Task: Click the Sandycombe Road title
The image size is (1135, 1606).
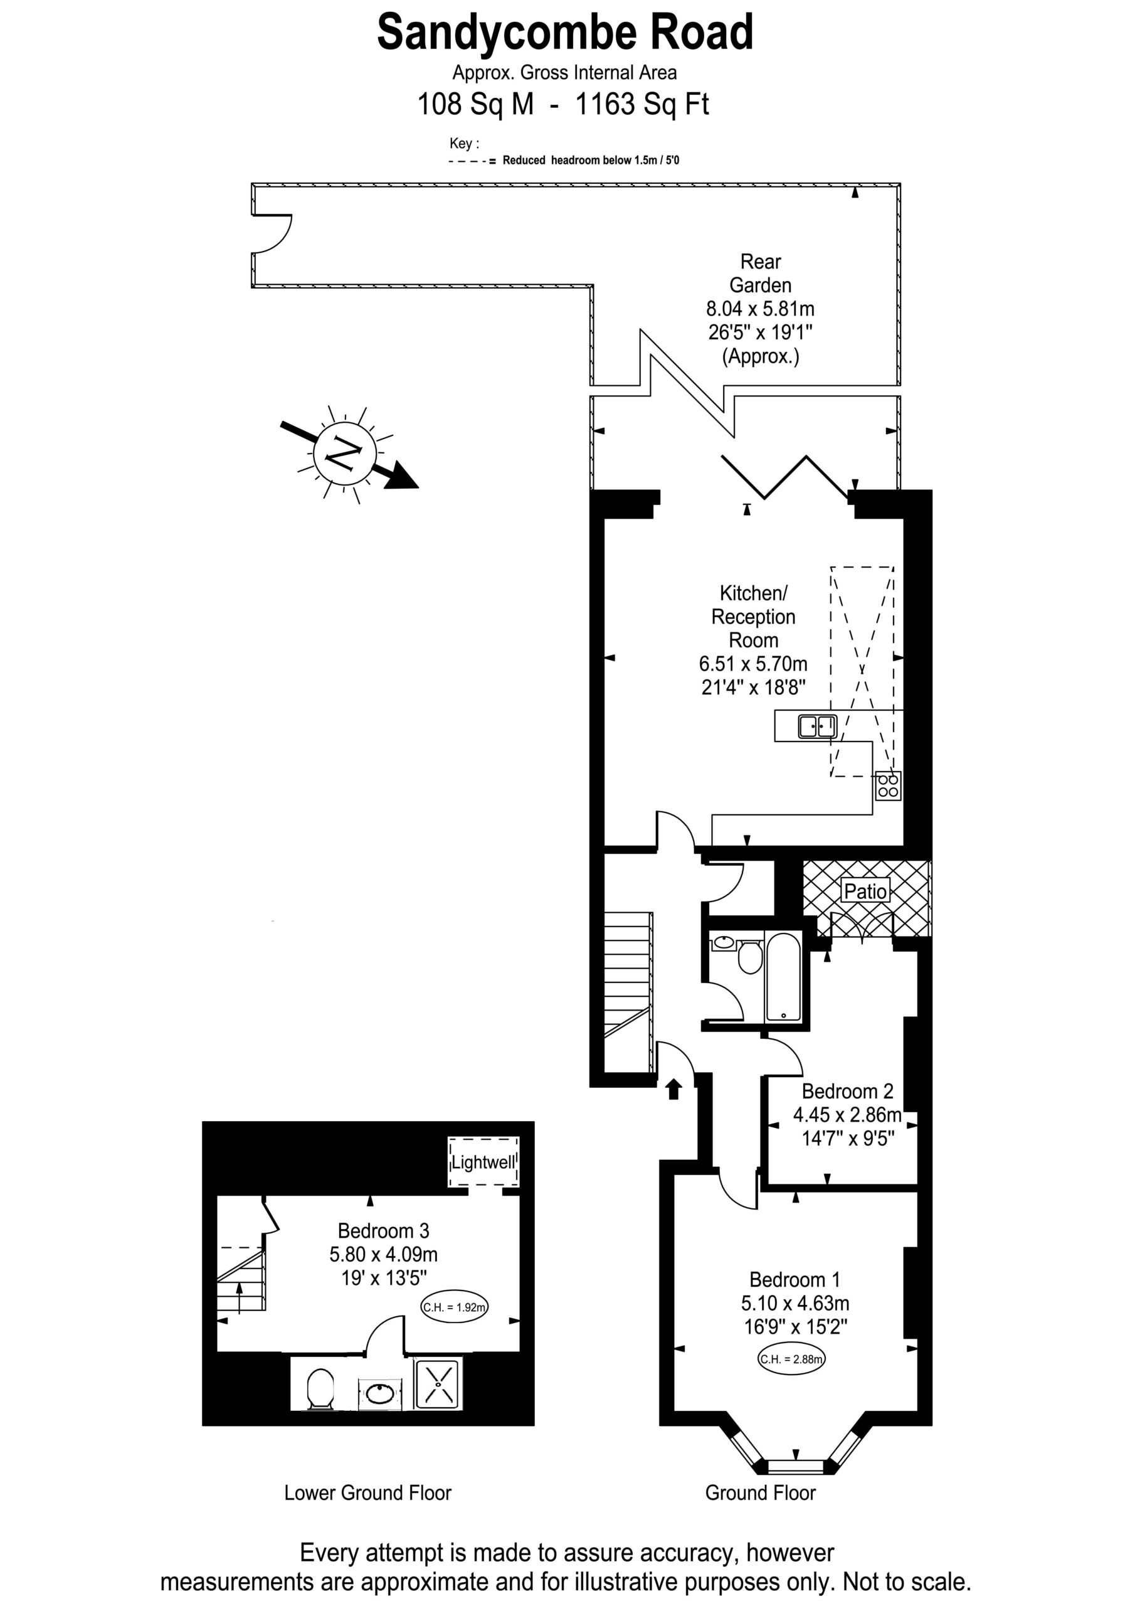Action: coord(565,33)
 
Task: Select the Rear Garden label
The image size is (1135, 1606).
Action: coord(760,274)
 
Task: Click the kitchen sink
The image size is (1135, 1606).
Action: coord(818,726)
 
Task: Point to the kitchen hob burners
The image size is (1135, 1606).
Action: coord(888,785)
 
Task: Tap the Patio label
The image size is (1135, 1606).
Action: coord(866,890)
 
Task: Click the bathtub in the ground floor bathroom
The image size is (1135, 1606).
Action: coord(783,977)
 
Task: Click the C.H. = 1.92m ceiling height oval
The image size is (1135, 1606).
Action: coord(454,1306)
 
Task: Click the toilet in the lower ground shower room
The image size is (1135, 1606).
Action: coord(320,1388)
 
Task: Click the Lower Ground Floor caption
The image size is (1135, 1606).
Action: coord(368,1492)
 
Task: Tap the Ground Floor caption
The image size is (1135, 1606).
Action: coord(760,1492)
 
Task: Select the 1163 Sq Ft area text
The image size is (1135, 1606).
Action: coord(642,104)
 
